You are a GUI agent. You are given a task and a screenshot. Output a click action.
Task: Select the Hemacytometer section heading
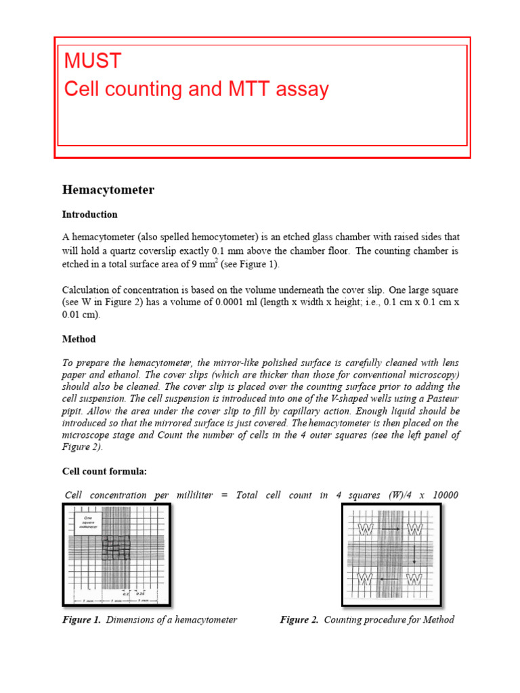[x=108, y=190]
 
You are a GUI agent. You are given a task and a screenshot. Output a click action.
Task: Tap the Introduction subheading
[x=90, y=215]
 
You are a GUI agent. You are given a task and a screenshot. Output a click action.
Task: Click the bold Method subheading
[x=79, y=339]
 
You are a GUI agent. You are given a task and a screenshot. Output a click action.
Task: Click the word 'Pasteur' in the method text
[x=442, y=399]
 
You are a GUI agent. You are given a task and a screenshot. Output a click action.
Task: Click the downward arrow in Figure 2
[x=414, y=554]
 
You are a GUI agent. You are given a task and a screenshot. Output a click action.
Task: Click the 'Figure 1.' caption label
[x=81, y=620]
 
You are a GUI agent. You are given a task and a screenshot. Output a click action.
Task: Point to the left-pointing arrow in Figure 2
[x=389, y=579]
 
